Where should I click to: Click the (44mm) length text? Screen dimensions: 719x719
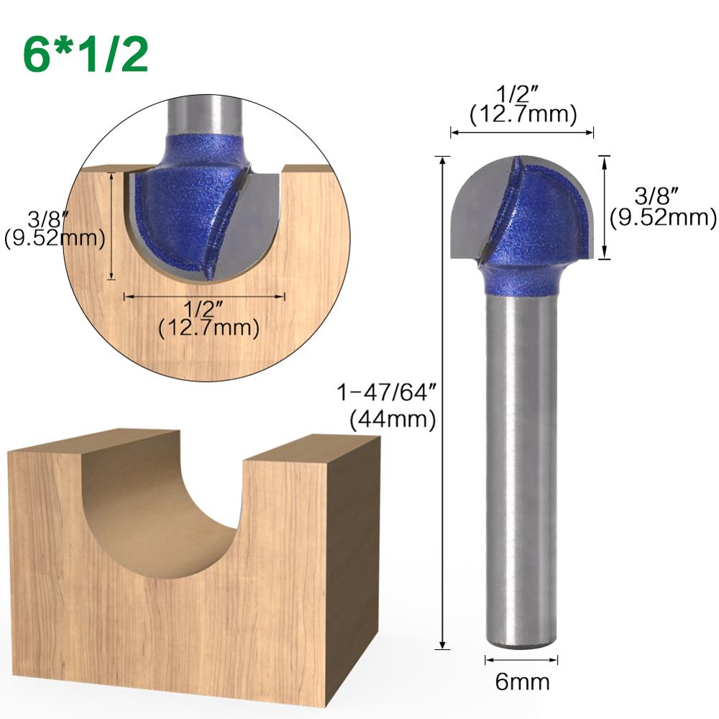(x=393, y=419)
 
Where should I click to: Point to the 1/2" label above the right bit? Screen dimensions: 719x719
(x=522, y=95)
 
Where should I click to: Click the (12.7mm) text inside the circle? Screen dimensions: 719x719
(x=209, y=329)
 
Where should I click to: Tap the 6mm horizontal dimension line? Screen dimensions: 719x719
(x=522, y=659)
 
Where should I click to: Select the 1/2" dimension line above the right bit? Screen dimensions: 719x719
(x=522, y=132)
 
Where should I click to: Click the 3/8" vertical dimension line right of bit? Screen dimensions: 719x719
(x=605, y=207)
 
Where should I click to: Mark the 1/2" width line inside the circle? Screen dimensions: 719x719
(x=205, y=295)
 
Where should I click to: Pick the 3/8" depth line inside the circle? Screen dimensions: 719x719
(x=111, y=226)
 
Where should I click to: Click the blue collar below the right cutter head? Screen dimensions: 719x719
(x=522, y=280)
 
